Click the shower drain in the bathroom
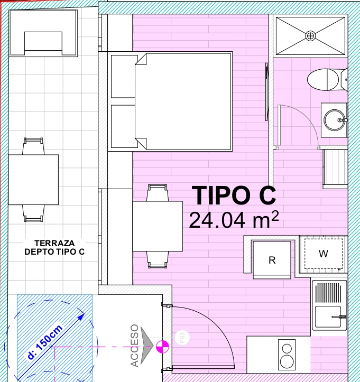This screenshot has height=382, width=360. pyautogui.click(x=310, y=36)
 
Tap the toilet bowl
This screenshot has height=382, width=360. pyautogui.click(x=323, y=79)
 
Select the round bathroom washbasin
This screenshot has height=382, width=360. pyautogui.click(x=335, y=120)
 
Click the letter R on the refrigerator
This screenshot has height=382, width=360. pyautogui.click(x=272, y=260)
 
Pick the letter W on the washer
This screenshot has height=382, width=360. pyautogui.click(x=323, y=254)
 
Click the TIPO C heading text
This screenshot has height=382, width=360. pyautogui.click(x=234, y=195)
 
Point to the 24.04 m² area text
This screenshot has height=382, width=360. pyautogui.click(x=234, y=219)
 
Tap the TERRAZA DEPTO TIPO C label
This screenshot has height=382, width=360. pyautogui.click(x=54, y=247)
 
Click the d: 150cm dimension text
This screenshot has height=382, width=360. pyautogui.click(x=45, y=342)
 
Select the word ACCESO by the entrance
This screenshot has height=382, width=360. pyautogui.click(x=135, y=346)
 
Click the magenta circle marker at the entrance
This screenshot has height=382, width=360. pyautogui.click(x=162, y=347)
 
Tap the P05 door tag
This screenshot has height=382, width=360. pyautogui.click(x=182, y=338)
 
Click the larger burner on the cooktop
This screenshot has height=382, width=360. pyautogui.click(x=287, y=361)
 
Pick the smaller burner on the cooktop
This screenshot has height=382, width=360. pyautogui.click(x=287, y=349)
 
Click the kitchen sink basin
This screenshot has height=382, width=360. pyautogui.click(x=328, y=316)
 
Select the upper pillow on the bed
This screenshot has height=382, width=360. pyautogui.click(x=124, y=76)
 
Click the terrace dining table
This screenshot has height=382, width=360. pyautogui.click(x=33, y=180)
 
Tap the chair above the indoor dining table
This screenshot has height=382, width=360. pyautogui.click(x=158, y=193)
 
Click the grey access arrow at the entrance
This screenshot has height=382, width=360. pyautogui.click(x=146, y=346)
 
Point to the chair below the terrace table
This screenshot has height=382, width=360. pyautogui.click(x=33, y=213)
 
